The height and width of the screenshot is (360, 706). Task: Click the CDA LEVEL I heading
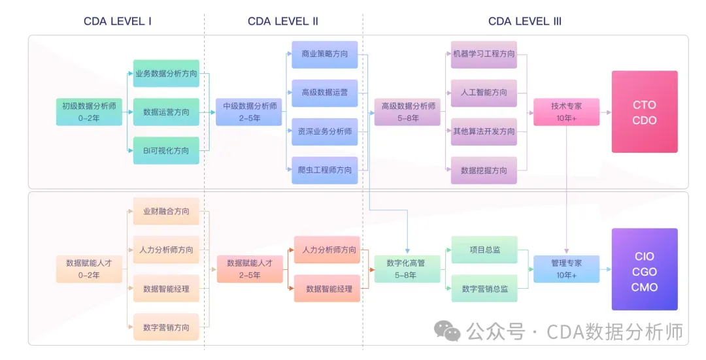click(118, 21)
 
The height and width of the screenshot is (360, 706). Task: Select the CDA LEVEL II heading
click(283, 21)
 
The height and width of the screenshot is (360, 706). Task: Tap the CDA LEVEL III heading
click(525, 21)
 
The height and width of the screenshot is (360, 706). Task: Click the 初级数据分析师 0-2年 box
click(89, 112)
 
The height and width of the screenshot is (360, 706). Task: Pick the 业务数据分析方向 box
click(166, 73)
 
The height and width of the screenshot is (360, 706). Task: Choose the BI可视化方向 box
click(166, 150)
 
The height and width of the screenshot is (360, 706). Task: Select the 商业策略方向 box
click(325, 54)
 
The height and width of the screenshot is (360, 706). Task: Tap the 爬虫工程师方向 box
click(325, 170)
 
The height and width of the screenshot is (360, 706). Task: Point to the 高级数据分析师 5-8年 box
click(408, 112)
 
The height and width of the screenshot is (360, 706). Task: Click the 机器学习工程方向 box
click(484, 54)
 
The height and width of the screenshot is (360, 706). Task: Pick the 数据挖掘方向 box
click(484, 170)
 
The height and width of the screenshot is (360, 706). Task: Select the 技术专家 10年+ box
click(566, 112)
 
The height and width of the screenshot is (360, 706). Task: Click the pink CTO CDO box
click(645, 112)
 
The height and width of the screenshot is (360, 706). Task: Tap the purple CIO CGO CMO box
click(645, 269)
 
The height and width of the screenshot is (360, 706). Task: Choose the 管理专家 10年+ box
click(566, 269)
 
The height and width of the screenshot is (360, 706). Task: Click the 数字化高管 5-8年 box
click(406, 269)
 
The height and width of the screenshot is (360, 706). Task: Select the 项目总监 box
click(484, 250)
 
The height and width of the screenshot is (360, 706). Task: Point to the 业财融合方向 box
click(166, 211)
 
